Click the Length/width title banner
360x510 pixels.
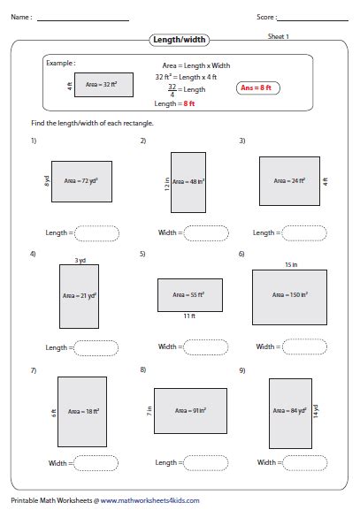coord(180,41)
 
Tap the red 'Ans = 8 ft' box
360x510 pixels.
coord(257,88)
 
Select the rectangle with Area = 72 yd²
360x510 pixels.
coord(81,180)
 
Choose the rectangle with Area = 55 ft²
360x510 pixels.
coord(188,294)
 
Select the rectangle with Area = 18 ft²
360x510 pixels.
coord(81,408)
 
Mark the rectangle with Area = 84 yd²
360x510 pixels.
coord(288,409)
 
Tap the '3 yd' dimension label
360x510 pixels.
coord(80,261)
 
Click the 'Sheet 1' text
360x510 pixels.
coord(280,36)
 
